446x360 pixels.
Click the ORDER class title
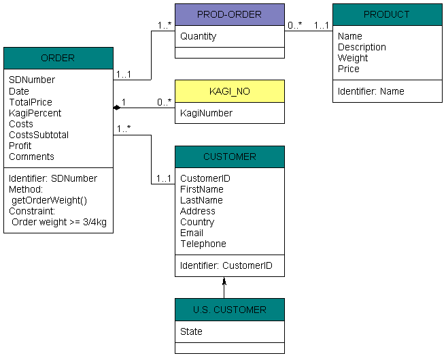tap(58, 58)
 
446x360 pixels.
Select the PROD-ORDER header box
tap(230, 14)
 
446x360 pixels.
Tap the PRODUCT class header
tap(387, 14)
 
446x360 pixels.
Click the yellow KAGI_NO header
tap(230, 91)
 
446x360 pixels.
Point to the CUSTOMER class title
tap(230, 157)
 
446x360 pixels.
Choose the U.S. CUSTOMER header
tap(230, 310)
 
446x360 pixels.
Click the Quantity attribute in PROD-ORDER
tap(199, 36)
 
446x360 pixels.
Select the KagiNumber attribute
tap(206, 113)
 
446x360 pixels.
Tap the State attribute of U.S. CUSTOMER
tap(191, 331)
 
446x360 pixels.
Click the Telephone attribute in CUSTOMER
tap(203, 244)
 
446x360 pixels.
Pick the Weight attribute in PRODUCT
tap(353, 58)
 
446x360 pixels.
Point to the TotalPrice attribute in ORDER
tap(31, 102)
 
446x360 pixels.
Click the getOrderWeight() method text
tap(49, 200)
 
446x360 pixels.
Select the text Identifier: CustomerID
tap(226, 265)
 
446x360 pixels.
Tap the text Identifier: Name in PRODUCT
tap(371, 91)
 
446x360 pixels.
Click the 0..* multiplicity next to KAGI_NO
tap(164, 102)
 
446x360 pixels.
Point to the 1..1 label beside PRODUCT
tap(321, 26)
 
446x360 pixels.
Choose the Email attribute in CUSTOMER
tap(192, 233)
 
